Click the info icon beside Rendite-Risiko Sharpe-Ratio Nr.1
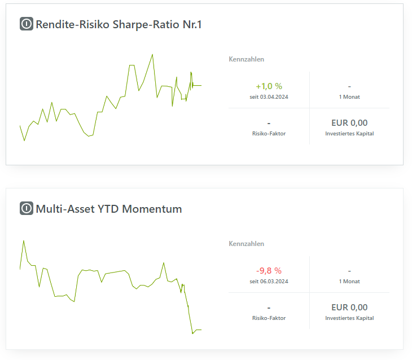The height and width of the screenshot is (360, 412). click(x=27, y=24)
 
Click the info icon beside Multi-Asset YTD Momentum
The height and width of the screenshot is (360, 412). click(x=27, y=209)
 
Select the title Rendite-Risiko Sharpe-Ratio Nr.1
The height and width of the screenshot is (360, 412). click(x=119, y=24)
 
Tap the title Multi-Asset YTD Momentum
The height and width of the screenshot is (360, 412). click(x=109, y=209)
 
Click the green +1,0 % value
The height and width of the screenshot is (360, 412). click(x=269, y=86)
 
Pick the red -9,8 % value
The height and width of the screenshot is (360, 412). click(x=269, y=271)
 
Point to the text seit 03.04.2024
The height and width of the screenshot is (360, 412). click(x=269, y=96)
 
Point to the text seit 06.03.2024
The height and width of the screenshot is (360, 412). click(x=269, y=281)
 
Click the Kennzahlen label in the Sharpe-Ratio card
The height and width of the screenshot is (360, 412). click(x=246, y=59)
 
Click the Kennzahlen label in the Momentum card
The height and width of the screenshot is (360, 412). click(x=246, y=244)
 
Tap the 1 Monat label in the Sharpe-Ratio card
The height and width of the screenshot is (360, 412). click(x=349, y=96)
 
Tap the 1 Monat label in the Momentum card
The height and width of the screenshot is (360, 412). click(x=349, y=281)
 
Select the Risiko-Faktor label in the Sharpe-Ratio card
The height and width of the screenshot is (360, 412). click(x=269, y=134)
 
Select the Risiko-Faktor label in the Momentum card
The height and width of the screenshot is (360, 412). click(x=269, y=318)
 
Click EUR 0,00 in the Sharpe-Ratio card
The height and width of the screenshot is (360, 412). click(x=349, y=123)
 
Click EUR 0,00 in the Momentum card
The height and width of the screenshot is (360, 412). click(x=349, y=308)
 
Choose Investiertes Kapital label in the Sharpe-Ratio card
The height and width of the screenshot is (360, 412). click(x=349, y=134)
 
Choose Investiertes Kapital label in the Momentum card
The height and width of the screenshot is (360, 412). click(x=349, y=318)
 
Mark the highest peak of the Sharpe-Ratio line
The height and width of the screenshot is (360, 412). click(x=152, y=55)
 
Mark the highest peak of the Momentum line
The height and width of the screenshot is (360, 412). click(x=23, y=240)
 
